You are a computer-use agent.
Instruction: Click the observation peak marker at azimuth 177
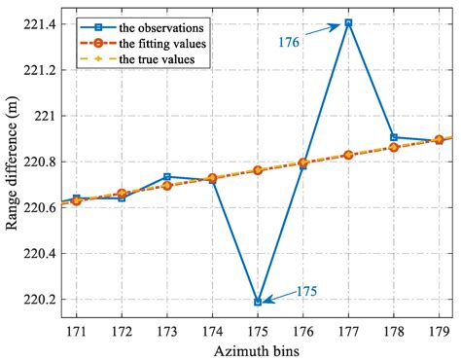(x=348, y=22)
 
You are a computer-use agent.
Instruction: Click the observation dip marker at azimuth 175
(x=258, y=302)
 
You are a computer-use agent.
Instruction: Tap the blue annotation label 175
(x=305, y=290)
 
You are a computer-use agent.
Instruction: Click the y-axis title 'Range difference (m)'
(x=13, y=162)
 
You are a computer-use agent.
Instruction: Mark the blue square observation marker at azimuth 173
(x=167, y=177)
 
